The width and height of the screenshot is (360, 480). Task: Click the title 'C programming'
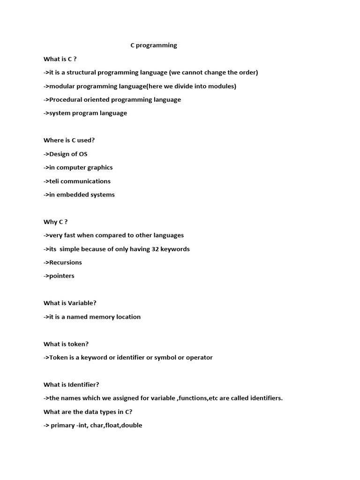(153, 45)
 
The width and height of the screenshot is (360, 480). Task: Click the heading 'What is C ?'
(60, 59)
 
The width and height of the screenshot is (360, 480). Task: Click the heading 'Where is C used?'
(69, 140)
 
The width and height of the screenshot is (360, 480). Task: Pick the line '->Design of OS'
(66, 154)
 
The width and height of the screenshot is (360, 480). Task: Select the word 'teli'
(56, 181)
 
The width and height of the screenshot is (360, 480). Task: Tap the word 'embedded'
(69, 195)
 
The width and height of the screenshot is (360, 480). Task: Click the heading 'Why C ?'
(56, 222)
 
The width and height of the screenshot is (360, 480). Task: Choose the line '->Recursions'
(63, 262)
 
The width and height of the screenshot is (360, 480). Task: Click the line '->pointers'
(59, 276)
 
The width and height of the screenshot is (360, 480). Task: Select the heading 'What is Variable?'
(70, 303)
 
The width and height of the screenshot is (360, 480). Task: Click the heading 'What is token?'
(66, 344)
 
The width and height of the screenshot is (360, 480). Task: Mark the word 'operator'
(199, 358)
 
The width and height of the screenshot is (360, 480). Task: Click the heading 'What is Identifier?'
(71, 385)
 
